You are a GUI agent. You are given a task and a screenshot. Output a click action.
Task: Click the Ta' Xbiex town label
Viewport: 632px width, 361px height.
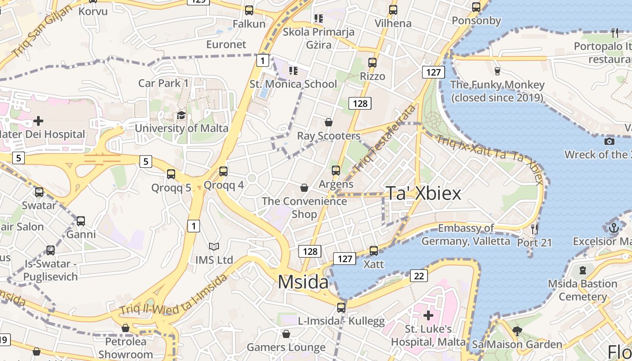[423, 194]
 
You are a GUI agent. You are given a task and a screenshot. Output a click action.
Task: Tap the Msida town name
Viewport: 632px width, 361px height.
[303, 282]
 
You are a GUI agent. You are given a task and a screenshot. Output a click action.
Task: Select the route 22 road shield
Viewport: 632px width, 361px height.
[419, 275]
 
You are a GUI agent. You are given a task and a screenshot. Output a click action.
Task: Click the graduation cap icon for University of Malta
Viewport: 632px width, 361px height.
[181, 116]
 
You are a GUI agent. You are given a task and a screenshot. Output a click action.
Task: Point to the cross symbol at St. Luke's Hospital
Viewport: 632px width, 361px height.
[428, 315]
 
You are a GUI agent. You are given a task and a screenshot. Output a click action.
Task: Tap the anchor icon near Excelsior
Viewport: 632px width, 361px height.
[613, 228]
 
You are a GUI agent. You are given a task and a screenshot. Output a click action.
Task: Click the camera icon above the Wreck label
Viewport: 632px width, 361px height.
[609, 141]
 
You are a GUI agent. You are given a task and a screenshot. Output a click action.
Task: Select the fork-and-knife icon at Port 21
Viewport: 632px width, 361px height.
[534, 229]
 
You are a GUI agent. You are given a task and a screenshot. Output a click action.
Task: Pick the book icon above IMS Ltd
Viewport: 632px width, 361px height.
[214, 247]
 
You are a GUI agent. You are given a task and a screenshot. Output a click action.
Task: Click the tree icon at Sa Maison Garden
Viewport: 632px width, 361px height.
[517, 332]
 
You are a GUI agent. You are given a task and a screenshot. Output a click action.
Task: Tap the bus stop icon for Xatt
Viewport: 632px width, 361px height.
[374, 251]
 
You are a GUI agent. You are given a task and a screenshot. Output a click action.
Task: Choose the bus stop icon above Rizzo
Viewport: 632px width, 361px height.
[372, 63]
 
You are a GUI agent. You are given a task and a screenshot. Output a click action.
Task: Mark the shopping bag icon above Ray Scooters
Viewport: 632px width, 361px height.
[329, 122]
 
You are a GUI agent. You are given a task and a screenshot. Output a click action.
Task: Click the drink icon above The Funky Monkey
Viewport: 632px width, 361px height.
[497, 71]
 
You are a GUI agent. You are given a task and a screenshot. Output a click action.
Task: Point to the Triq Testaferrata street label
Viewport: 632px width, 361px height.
[385, 138]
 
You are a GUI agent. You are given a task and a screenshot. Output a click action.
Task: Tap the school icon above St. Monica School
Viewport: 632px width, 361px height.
[293, 71]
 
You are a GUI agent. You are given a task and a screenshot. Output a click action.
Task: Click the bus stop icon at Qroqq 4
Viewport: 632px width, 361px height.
[223, 171]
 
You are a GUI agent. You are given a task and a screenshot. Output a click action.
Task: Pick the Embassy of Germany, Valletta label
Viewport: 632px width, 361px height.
[466, 235]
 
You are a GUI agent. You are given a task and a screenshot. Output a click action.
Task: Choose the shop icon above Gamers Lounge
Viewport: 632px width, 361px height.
[286, 334]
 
